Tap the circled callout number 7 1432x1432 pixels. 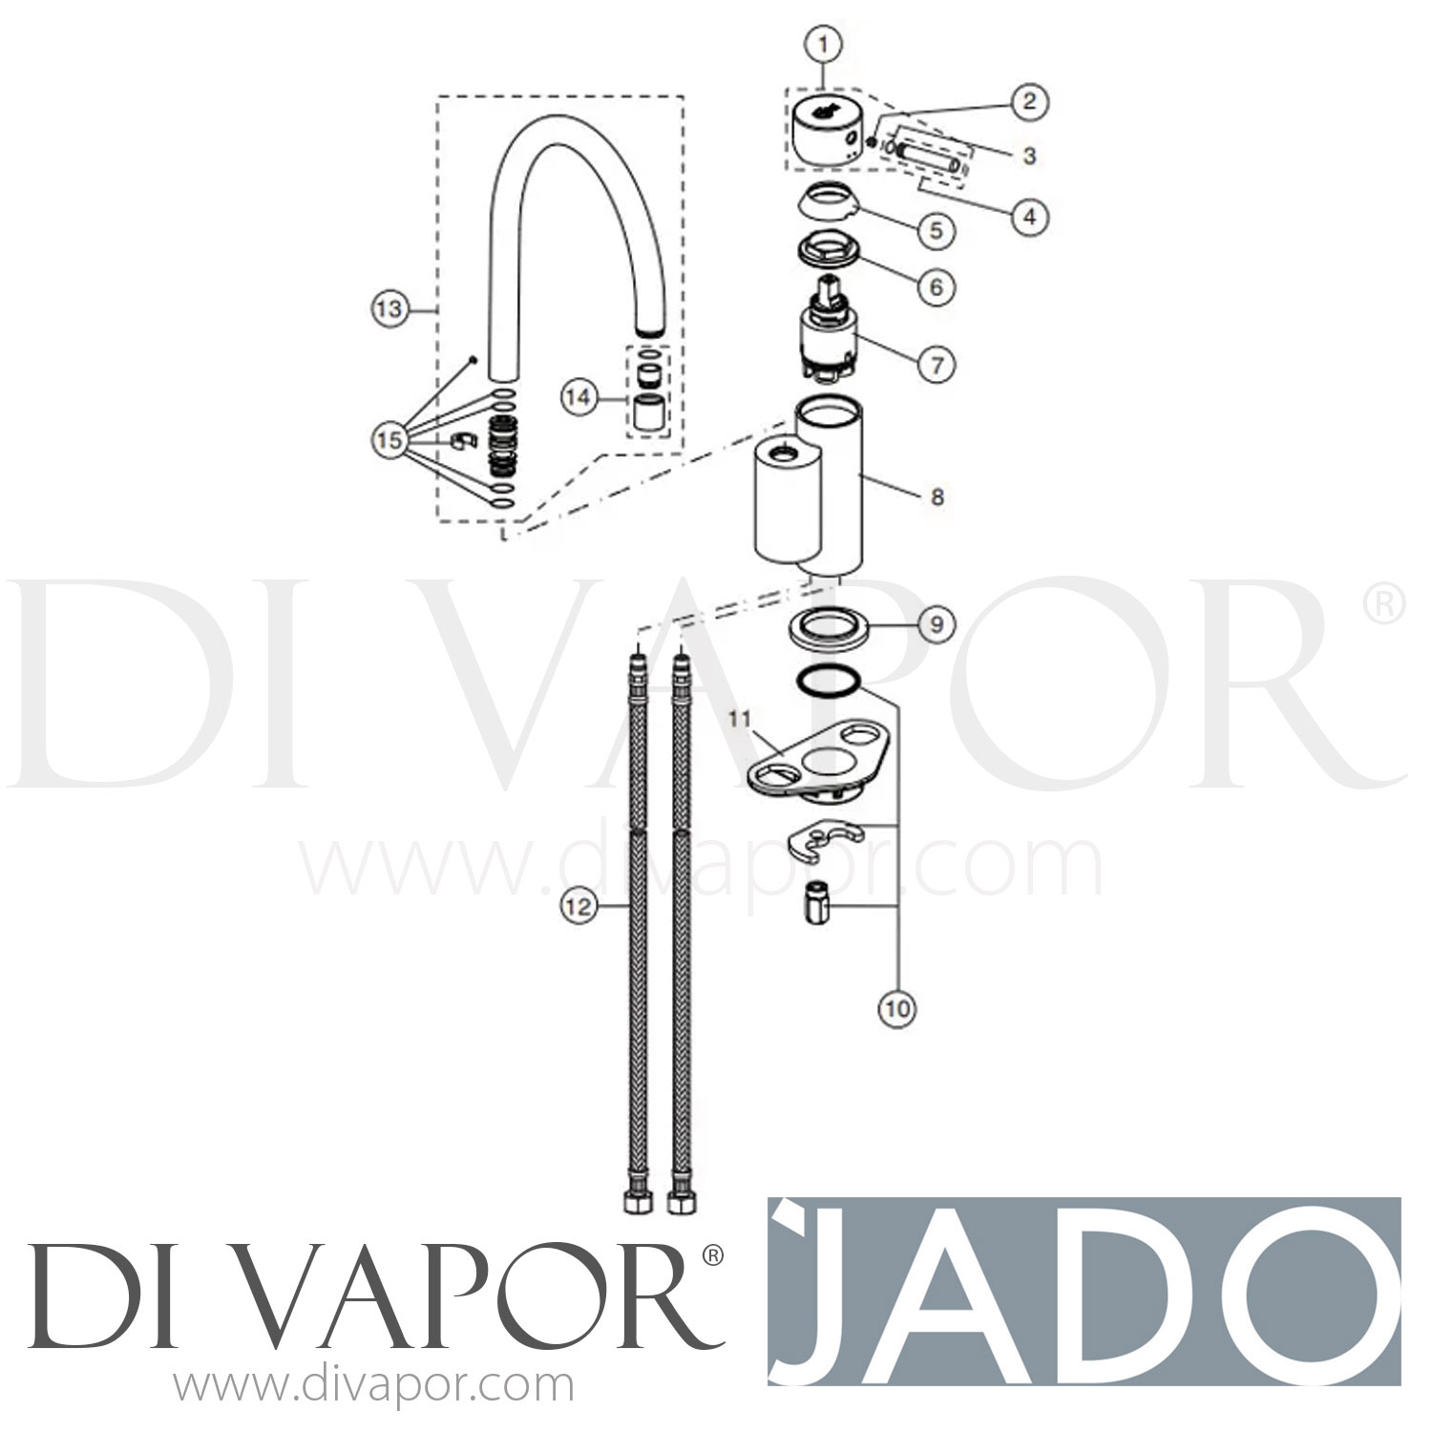(937, 364)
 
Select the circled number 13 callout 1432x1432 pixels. (388, 308)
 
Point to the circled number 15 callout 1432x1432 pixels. (388, 440)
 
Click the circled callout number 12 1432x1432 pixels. (577, 906)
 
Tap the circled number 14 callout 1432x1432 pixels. (577, 398)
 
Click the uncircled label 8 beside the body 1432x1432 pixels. (937, 496)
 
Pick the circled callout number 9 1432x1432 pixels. (937, 623)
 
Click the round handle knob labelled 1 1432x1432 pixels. (827, 134)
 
